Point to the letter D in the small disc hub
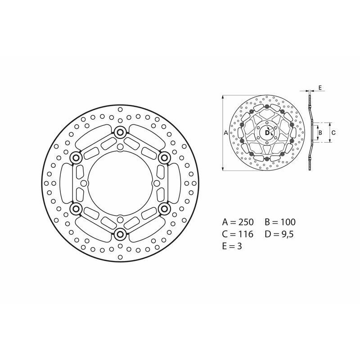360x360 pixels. coord(267,133)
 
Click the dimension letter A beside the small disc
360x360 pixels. coord(226,133)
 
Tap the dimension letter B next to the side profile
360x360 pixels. coord(319,133)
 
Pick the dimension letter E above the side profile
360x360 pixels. coord(319,88)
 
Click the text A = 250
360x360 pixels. coord(238,222)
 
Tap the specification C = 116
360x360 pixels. coord(238,234)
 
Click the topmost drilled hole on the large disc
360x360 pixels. coord(120,110)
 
